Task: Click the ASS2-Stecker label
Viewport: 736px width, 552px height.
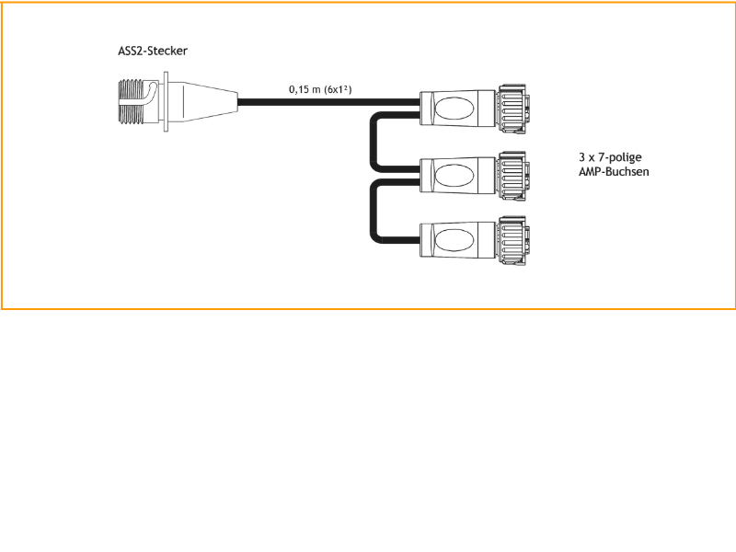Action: pyautogui.click(x=154, y=52)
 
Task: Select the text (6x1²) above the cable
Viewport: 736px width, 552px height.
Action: pyautogui.click(x=339, y=89)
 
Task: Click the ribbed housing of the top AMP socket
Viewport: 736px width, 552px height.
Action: pyautogui.click(x=512, y=107)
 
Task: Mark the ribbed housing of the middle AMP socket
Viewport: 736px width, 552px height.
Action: pyautogui.click(x=512, y=173)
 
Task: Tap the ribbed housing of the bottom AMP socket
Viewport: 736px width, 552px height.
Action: pyautogui.click(x=512, y=241)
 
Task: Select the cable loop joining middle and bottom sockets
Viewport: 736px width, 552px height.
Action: pyautogui.click(x=375, y=210)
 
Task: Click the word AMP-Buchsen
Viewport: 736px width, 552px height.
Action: pyautogui.click(x=608, y=171)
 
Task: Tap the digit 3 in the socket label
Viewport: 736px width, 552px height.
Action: pyautogui.click(x=569, y=157)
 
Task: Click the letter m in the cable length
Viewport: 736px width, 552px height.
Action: pyautogui.click(x=316, y=89)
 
